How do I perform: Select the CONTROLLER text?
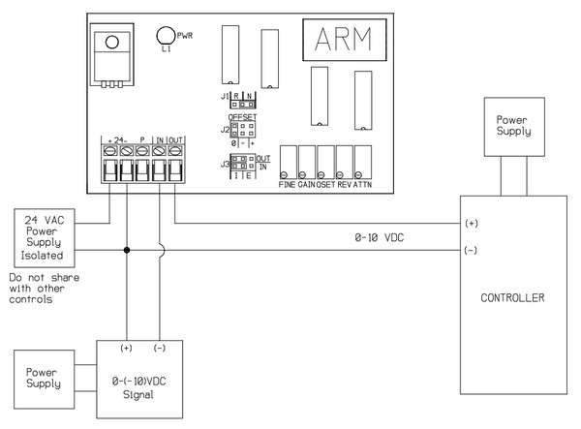tap(513, 296)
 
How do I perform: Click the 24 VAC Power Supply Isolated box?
tap(44, 238)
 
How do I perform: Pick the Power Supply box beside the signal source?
tap(44, 376)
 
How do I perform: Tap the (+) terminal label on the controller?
tap(472, 223)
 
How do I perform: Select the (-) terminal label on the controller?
tap(472, 250)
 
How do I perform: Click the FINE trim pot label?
tap(288, 183)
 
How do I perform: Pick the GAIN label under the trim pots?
tap(307, 183)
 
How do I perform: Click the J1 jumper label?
tap(225, 97)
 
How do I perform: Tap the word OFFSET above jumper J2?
tap(242, 116)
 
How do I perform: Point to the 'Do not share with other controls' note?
tap(43, 289)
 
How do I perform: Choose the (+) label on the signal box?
tap(126, 347)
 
